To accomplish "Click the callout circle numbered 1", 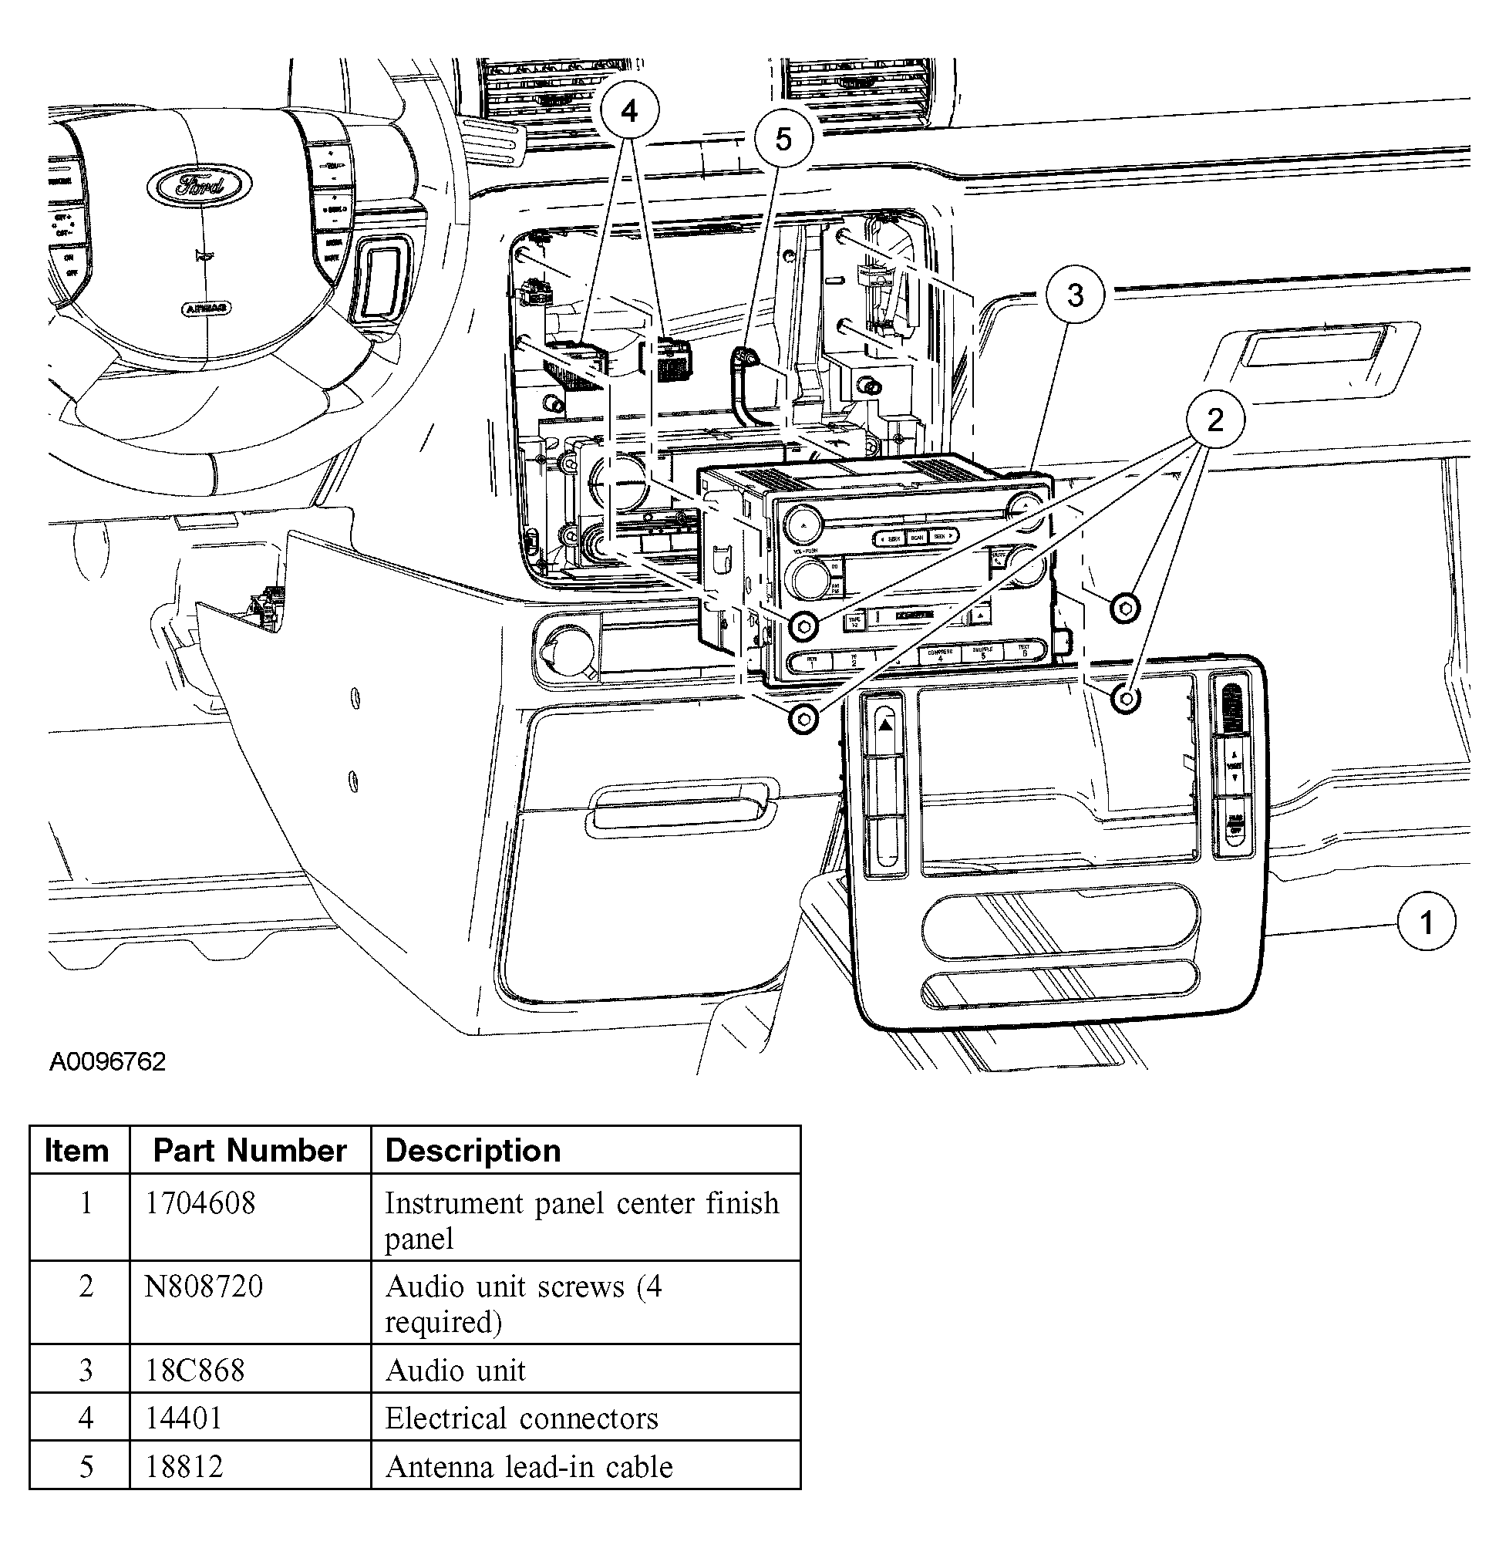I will coord(1426,922).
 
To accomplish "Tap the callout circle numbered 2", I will coord(1214,420).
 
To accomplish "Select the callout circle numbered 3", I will coord(1075,295).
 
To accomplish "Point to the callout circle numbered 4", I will coord(629,111).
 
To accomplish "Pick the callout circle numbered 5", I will coord(783,139).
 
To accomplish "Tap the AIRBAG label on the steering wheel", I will coord(206,307).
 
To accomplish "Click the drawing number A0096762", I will coord(107,1061).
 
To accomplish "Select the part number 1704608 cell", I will coord(200,1203).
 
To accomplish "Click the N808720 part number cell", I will coord(204,1287).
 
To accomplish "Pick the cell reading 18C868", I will coord(195,1371).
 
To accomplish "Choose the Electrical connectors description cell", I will coord(521,1418).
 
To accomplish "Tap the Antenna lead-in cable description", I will coord(528,1467).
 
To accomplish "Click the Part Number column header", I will coord(250,1151).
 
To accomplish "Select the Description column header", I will coord(472,1151).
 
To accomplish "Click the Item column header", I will coord(76,1151).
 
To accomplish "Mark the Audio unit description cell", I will coord(456,1371).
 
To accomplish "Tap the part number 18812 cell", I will coord(184,1467).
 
